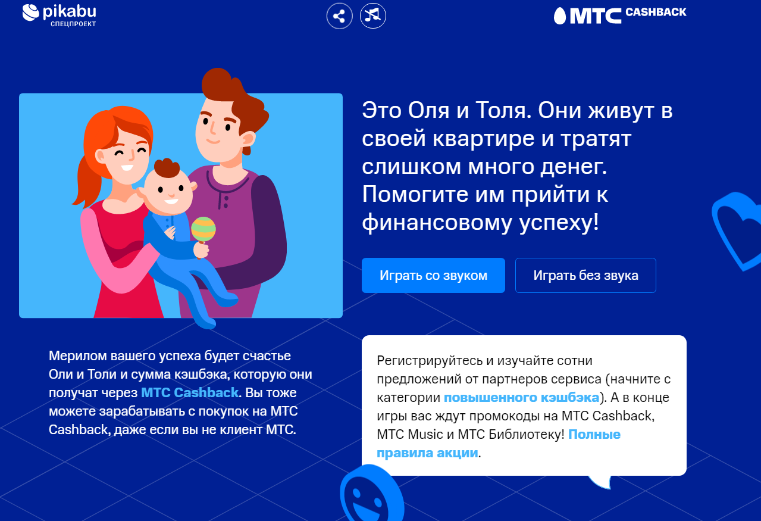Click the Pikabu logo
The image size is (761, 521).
click(59, 15)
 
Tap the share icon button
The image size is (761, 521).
click(339, 16)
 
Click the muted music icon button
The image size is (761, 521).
click(372, 15)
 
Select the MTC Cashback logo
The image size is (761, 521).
click(619, 15)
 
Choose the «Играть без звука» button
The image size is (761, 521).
click(585, 275)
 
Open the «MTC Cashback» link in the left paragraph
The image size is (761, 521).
click(190, 392)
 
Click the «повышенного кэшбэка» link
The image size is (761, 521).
click(521, 397)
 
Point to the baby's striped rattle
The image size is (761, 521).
click(203, 230)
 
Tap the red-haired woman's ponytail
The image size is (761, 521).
click(85, 183)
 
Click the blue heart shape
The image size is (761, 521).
click(737, 231)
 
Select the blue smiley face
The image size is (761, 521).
click(372, 495)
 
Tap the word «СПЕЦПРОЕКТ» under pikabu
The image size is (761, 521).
click(73, 24)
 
